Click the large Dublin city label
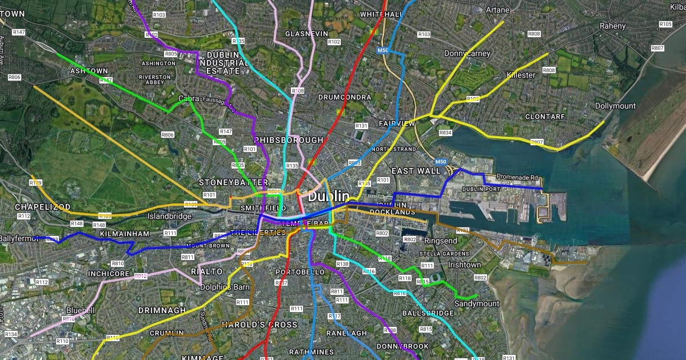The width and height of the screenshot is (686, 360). point(329,197)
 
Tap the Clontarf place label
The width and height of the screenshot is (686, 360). point(545,117)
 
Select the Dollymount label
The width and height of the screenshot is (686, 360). point(615,106)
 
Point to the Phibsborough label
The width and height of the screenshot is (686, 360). point(289,140)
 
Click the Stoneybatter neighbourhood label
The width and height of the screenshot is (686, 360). point(225,182)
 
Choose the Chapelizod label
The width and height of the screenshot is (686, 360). point(43,206)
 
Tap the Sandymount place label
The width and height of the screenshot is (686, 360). point(477,304)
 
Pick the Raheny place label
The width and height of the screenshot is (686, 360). point(613,26)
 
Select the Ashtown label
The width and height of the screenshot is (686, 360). point(89,71)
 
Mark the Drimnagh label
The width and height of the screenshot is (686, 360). point(162,310)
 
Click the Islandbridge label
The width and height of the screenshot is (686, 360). point(169,217)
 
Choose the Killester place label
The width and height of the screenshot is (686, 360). point(521,75)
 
